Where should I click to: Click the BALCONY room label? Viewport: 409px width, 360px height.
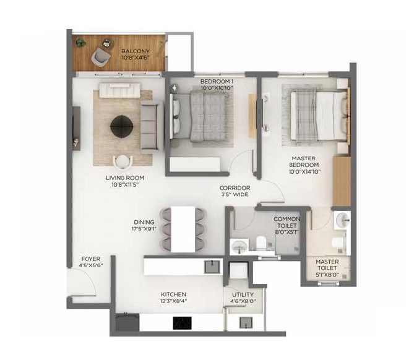click(136, 51)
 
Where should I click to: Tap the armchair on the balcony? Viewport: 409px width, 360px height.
click(101, 56)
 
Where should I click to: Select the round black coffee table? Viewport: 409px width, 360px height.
click(122, 126)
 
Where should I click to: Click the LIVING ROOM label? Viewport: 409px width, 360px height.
click(125, 178)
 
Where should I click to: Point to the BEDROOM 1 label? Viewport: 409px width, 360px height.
click(217, 82)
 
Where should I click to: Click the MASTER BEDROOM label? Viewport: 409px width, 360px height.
click(304, 161)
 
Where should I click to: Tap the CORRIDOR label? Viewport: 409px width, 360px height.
click(235, 187)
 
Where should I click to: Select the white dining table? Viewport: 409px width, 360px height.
click(183, 229)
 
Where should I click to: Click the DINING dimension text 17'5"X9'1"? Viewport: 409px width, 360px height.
click(144, 229)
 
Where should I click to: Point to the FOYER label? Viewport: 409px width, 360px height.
click(91, 259)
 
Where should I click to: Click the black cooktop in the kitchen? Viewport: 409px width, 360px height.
click(182, 324)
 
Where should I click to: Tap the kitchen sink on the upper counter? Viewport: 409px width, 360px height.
click(212, 267)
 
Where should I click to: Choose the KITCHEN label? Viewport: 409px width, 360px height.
click(173, 294)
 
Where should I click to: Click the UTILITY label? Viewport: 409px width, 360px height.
click(243, 294)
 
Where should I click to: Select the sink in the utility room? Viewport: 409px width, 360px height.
click(246, 323)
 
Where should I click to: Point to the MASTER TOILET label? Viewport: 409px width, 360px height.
click(327, 265)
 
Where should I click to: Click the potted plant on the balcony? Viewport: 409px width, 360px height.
click(80, 43)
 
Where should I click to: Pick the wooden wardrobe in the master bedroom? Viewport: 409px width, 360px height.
click(342, 181)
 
